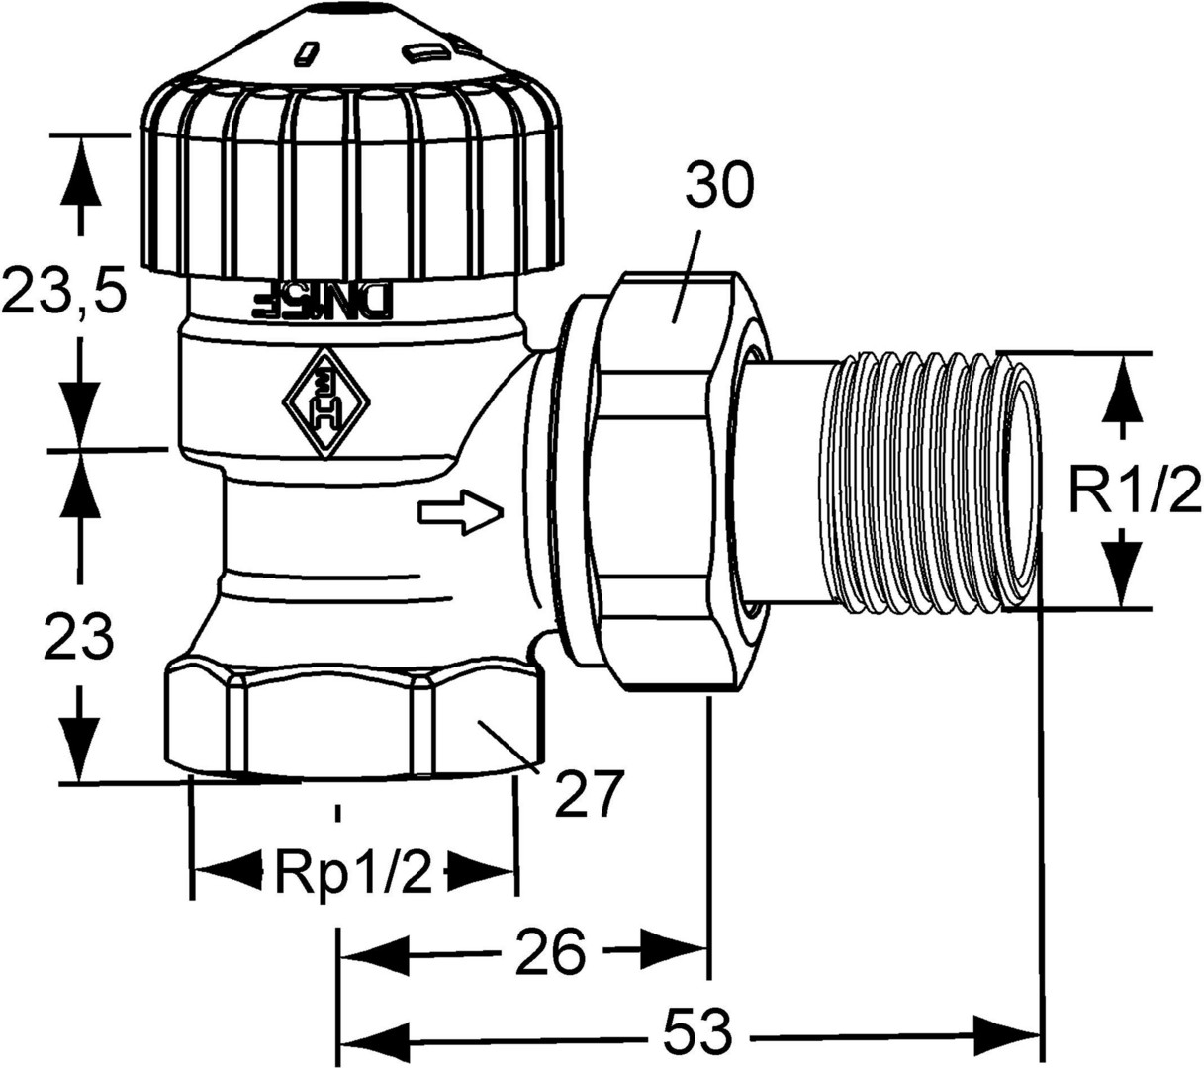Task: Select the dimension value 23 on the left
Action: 79,640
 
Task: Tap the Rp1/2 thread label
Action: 353,872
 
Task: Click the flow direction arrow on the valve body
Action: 461,513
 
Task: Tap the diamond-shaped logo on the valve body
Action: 325,402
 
